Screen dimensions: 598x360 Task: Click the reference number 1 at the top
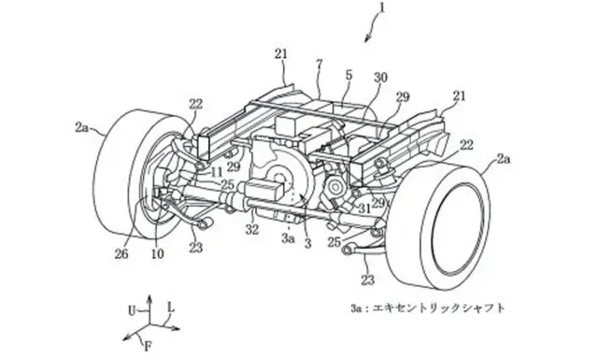tap(382, 7)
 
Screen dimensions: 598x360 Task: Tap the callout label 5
tap(349, 76)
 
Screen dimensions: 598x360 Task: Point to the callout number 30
tap(380, 78)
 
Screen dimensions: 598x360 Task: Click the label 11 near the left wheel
tap(216, 172)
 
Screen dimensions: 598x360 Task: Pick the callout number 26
tap(122, 254)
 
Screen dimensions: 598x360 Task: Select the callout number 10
tap(158, 254)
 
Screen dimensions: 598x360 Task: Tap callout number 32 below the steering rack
tap(252, 229)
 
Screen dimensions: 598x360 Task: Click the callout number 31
tap(364, 208)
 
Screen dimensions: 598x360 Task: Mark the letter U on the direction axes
tap(132, 311)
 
